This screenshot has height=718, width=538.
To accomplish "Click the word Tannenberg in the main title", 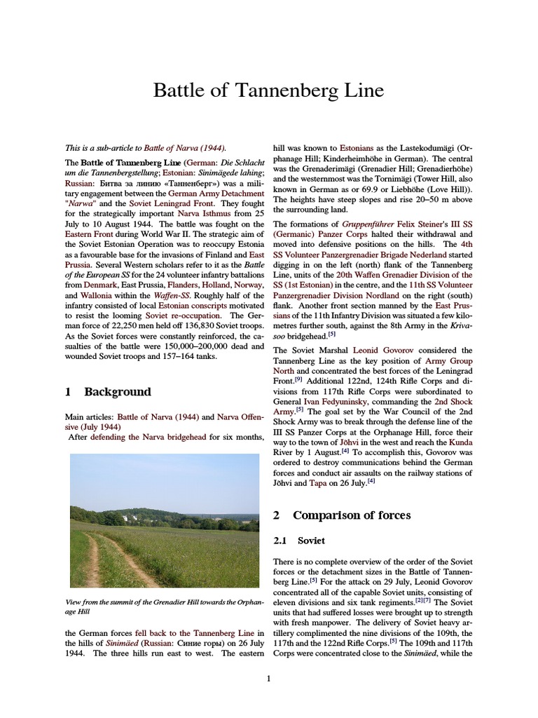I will (285, 91).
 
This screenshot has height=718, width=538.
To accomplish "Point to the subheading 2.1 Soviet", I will (300, 541).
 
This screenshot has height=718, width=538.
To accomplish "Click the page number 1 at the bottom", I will (268, 678).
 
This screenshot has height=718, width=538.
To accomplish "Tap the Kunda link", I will (461, 442).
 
